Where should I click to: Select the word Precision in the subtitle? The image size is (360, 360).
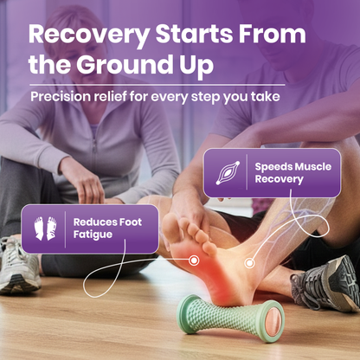click(63, 96)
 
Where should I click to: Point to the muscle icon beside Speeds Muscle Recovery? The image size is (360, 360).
click(226, 171)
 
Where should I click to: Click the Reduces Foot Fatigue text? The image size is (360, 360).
click(107, 228)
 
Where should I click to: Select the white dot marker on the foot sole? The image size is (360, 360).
click(195, 260)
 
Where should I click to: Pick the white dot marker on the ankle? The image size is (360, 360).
click(249, 261)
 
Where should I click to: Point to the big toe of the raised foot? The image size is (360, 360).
click(170, 222)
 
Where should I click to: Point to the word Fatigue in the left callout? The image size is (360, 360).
click(93, 235)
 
